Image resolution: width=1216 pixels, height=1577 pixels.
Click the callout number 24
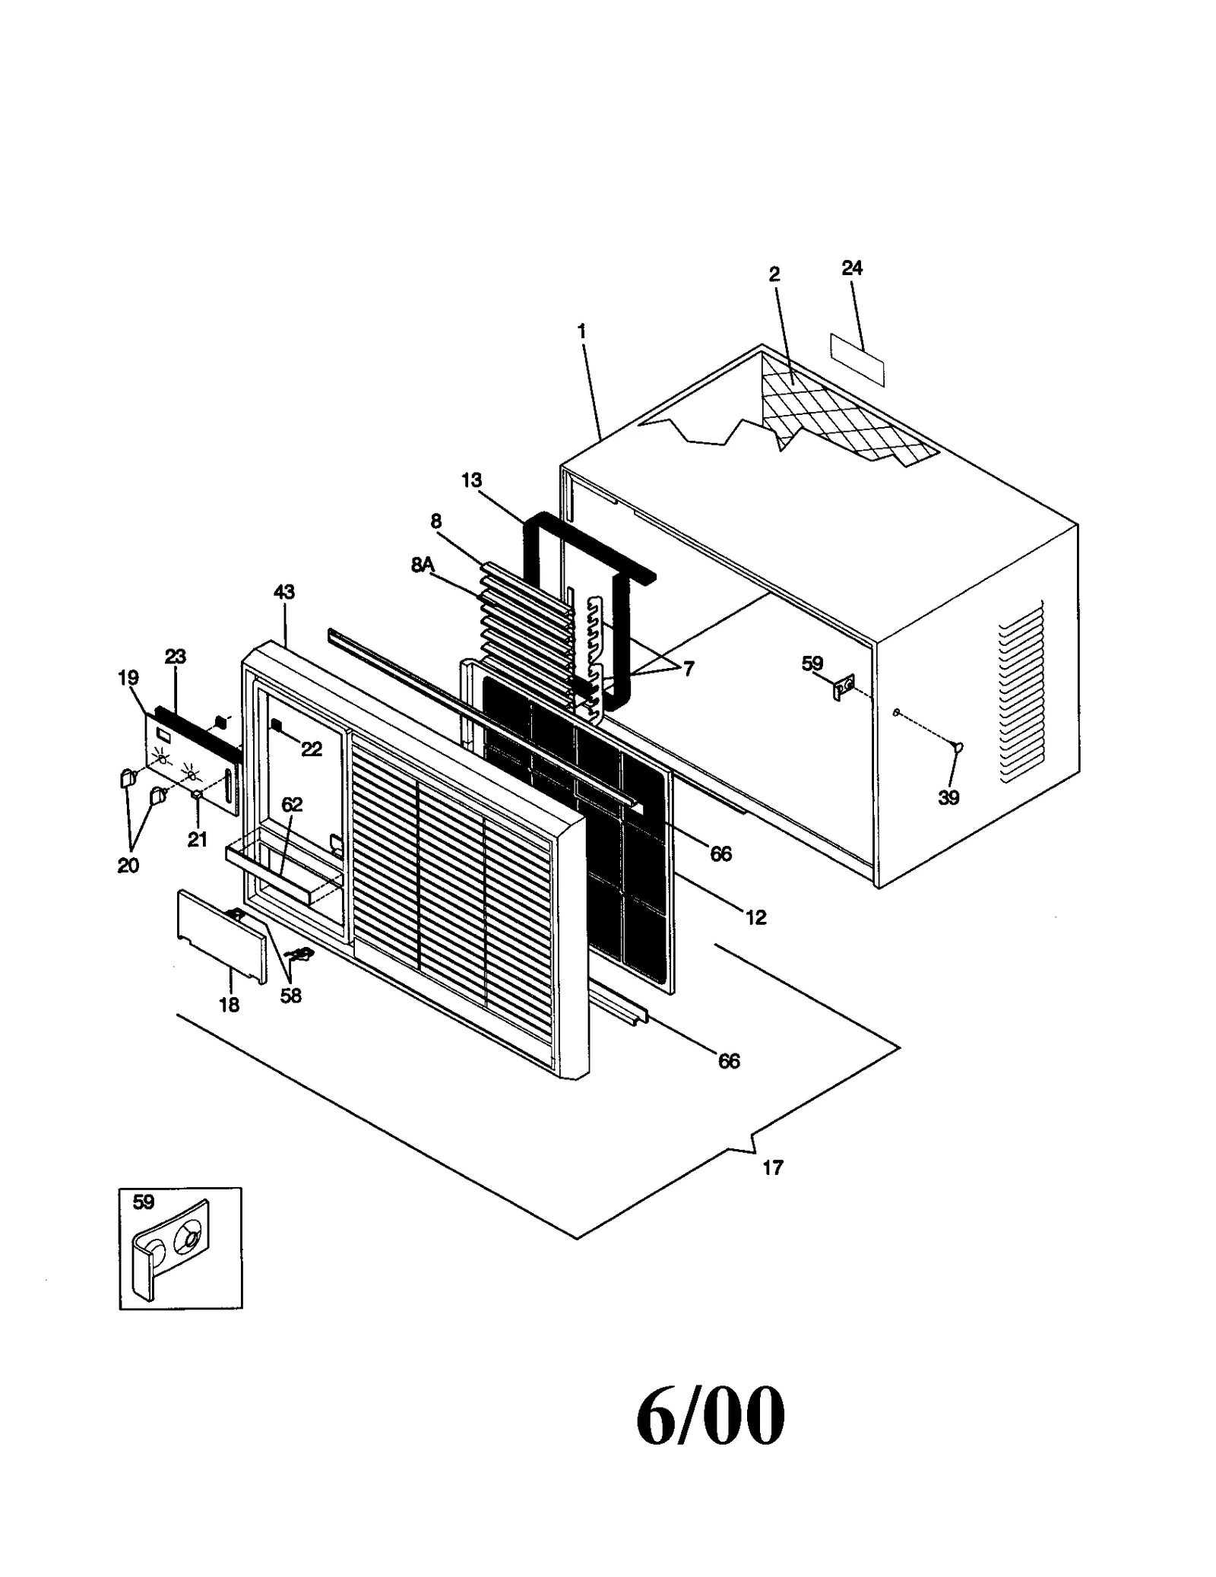tap(852, 268)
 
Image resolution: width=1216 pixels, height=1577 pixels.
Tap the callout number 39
tap(948, 797)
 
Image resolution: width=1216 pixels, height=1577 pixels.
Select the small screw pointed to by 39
tap(958, 748)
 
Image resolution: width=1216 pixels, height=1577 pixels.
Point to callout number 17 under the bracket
tap(772, 1167)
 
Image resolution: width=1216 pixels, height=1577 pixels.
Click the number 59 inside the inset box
tap(144, 1202)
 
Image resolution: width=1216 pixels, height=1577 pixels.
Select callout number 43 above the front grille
tap(283, 591)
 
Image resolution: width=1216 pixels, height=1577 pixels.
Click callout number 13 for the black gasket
tap(471, 480)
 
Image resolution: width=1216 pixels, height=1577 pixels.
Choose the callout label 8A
tap(423, 565)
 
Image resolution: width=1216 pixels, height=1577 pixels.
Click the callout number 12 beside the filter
tap(755, 917)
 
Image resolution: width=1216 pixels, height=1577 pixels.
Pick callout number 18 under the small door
tap(229, 1005)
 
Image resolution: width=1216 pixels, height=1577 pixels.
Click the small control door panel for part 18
tap(220, 936)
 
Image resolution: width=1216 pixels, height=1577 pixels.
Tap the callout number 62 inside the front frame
tap(292, 805)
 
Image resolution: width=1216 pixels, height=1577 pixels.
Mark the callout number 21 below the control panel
tap(198, 840)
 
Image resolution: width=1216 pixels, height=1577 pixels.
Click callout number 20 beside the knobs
tap(128, 865)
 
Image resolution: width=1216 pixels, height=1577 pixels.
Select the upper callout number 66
tap(720, 854)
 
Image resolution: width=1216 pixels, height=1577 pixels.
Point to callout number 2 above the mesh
tap(774, 274)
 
